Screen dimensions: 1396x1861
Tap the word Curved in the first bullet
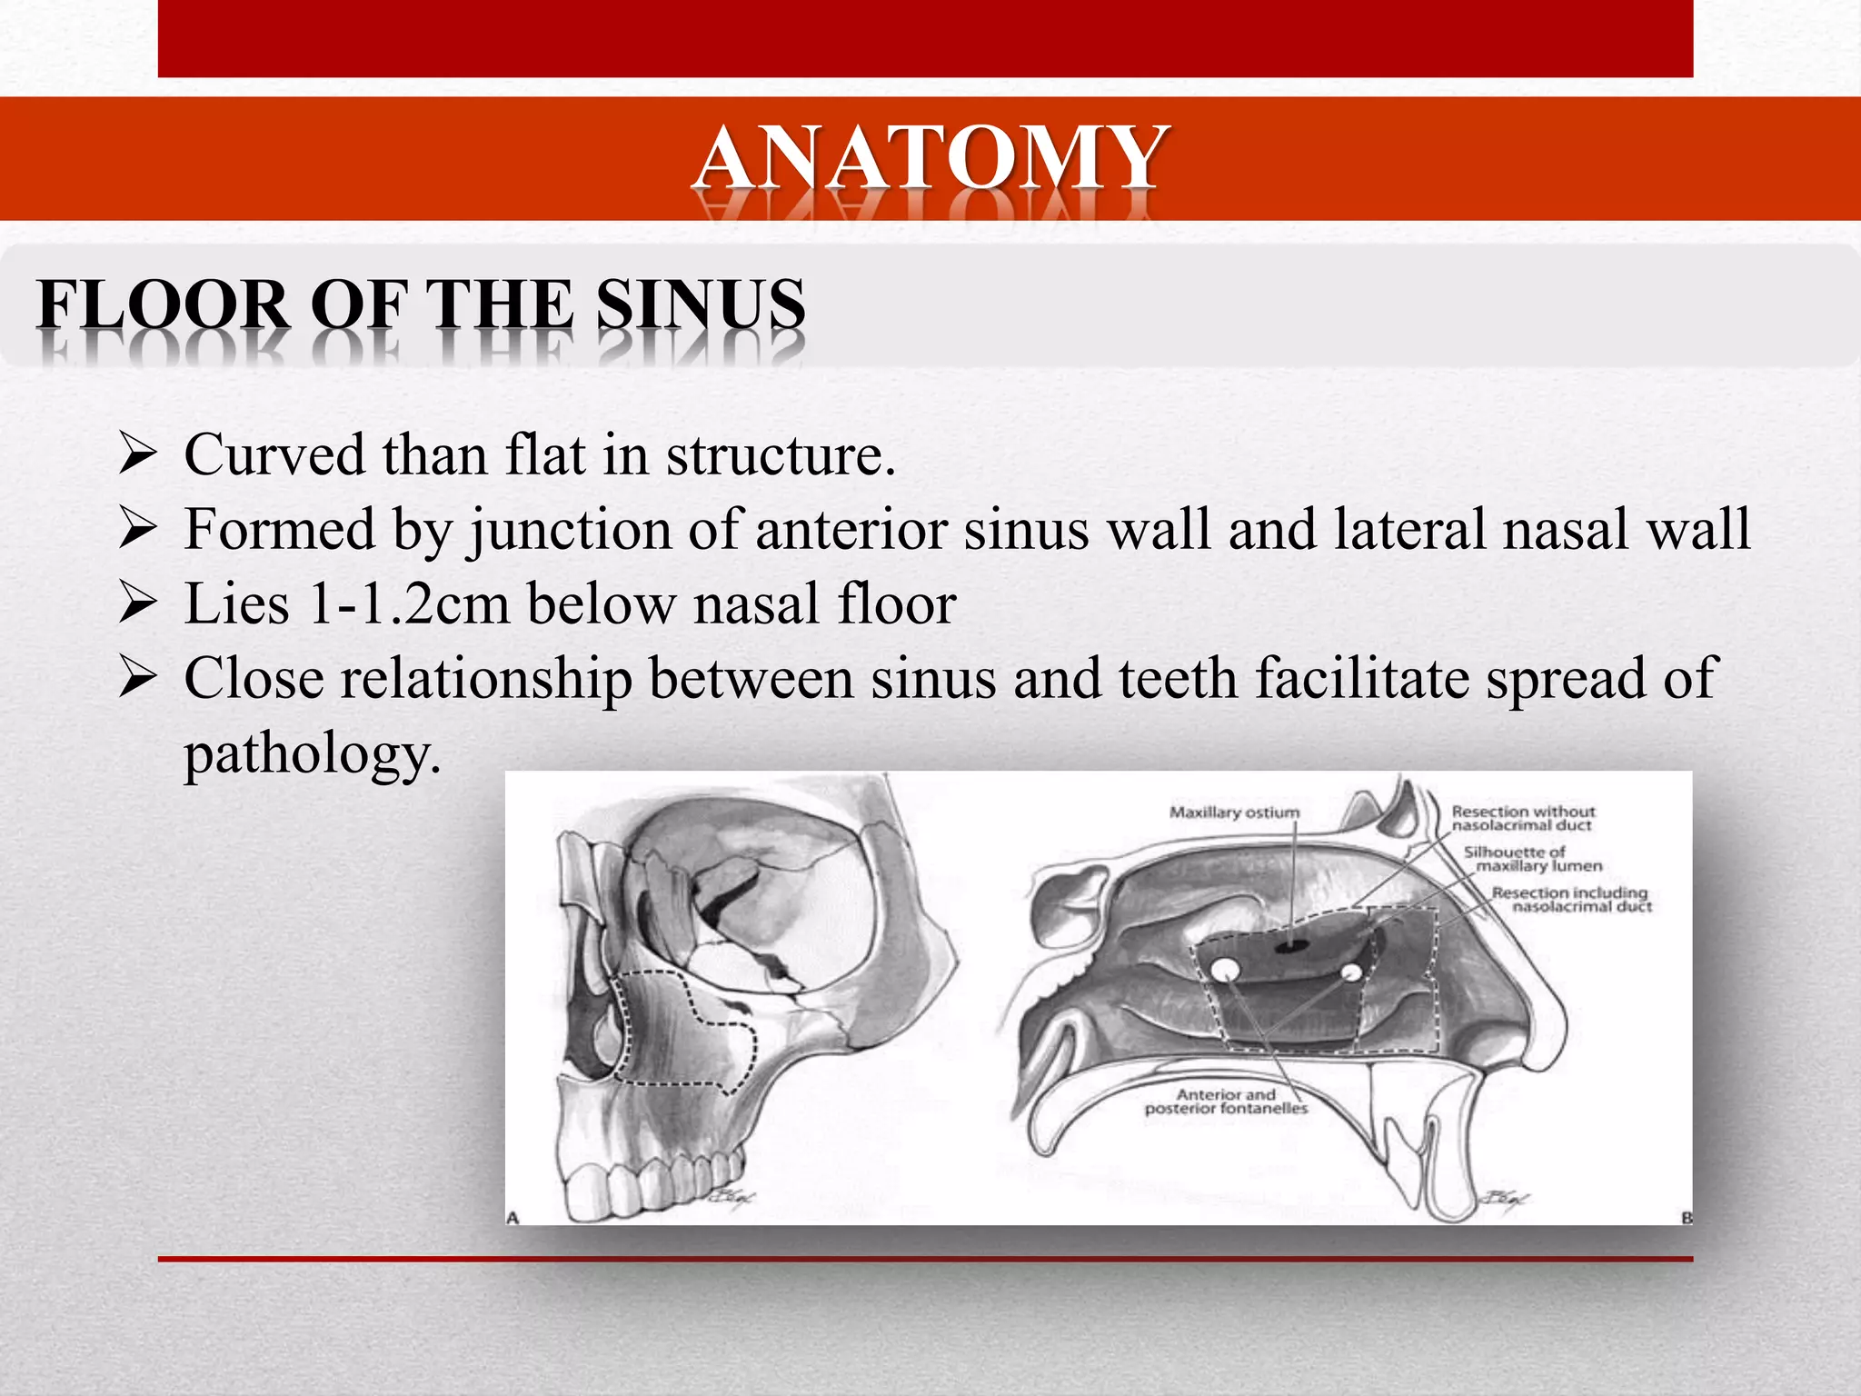pyautogui.click(x=274, y=454)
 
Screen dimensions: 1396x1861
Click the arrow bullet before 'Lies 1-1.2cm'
pyautogui.click(x=139, y=603)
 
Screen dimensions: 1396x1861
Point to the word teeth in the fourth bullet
pyautogui.click(x=1178, y=679)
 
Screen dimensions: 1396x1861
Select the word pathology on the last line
pyautogui.click(x=312, y=753)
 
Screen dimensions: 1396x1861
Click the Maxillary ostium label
pyautogui.click(x=1234, y=813)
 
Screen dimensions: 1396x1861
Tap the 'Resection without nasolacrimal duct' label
pyautogui.click(x=1522, y=818)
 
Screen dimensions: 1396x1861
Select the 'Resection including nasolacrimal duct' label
pyautogui.click(x=1570, y=900)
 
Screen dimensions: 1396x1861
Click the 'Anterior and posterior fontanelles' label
pyautogui.click(x=1226, y=1102)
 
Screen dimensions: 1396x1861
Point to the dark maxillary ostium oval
pyautogui.click(x=1288, y=948)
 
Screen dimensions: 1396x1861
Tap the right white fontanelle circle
pyautogui.click(x=1350, y=972)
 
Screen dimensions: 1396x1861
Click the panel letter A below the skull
pyautogui.click(x=513, y=1217)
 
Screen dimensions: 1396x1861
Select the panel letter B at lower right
pyautogui.click(x=1687, y=1217)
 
